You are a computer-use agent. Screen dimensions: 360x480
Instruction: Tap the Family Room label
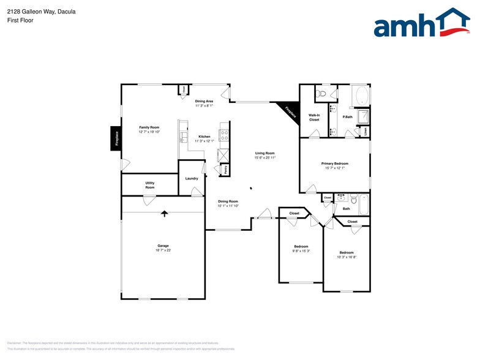click(149, 127)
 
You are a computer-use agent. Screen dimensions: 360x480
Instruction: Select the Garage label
click(163, 246)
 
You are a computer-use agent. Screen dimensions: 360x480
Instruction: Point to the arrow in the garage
click(163, 214)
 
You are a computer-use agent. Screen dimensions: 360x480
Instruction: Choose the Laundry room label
click(191, 178)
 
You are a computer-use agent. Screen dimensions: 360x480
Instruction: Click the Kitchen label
click(204, 137)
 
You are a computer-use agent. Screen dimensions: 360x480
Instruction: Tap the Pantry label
click(225, 169)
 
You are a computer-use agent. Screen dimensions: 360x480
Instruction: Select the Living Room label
click(264, 153)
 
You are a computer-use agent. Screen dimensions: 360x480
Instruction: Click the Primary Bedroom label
click(334, 163)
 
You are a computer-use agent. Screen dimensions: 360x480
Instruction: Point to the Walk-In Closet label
click(313, 117)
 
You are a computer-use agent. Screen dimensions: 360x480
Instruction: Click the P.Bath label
click(347, 117)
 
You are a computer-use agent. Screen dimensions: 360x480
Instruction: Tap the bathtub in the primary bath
click(361, 96)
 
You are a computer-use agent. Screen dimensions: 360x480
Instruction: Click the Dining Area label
click(204, 101)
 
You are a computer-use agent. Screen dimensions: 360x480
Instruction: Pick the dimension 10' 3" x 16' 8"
click(347, 257)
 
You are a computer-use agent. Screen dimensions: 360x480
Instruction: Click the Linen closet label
click(365, 130)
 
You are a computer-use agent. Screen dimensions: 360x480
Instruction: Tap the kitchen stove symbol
click(224, 135)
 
